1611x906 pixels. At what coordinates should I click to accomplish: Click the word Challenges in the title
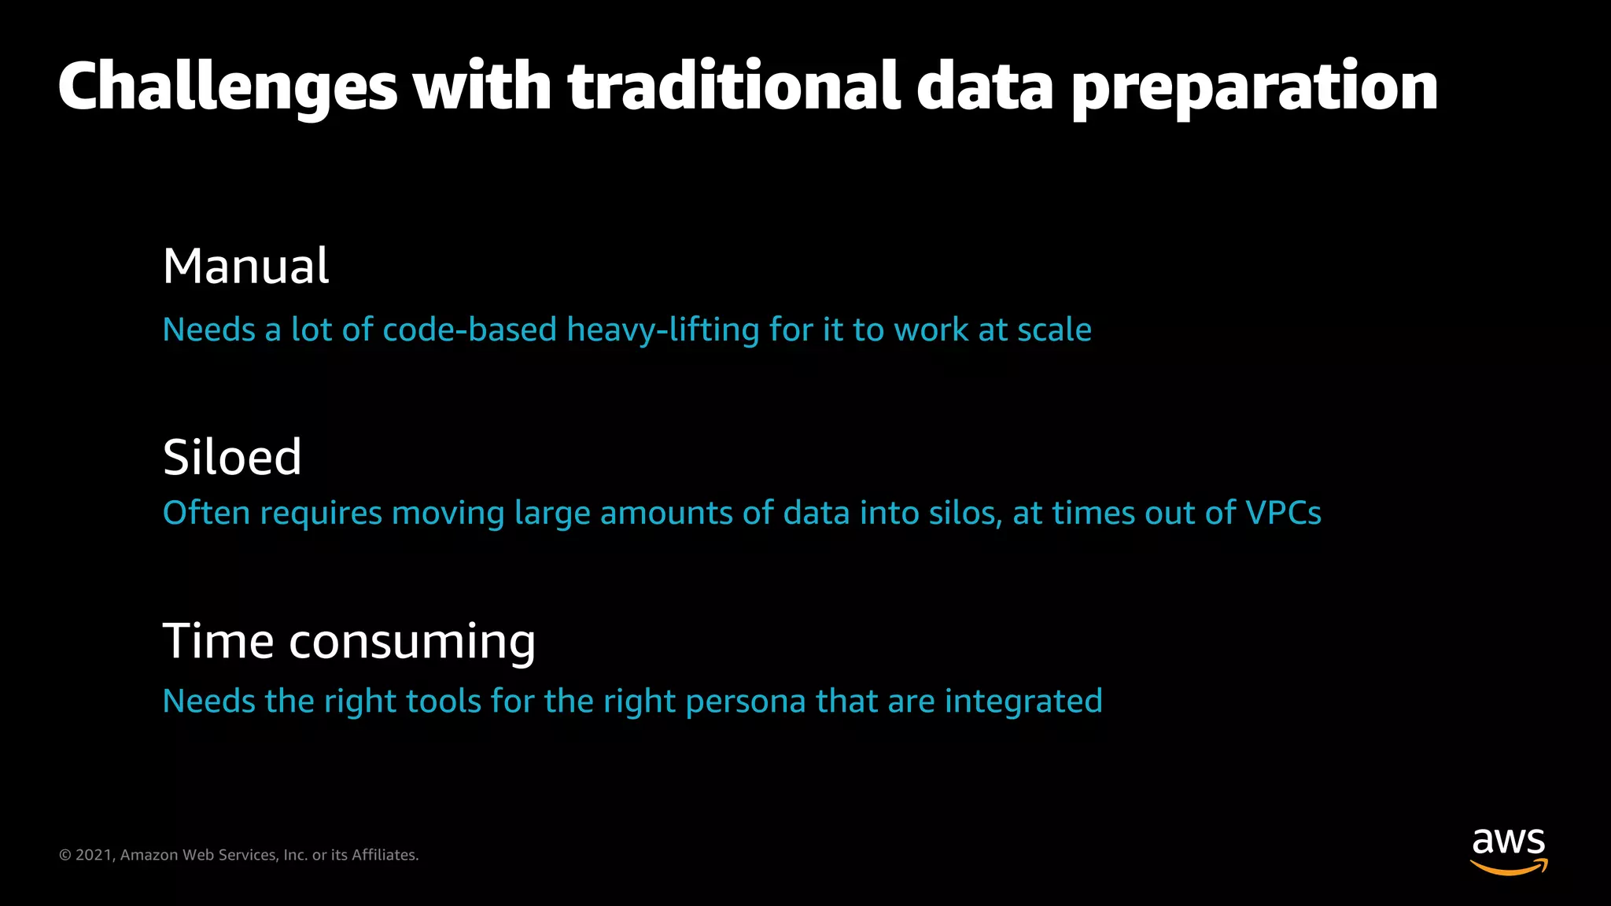point(227,88)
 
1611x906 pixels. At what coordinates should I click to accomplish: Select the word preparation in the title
point(1255,88)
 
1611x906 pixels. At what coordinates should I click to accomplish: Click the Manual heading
point(245,266)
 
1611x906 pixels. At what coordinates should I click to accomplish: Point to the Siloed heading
point(232,457)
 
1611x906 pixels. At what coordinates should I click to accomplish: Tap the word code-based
point(470,330)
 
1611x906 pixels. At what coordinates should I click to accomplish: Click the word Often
point(206,513)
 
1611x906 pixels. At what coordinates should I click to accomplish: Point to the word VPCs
point(1283,513)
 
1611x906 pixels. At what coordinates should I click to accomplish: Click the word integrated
point(1023,702)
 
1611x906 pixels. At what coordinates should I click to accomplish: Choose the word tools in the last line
point(441,701)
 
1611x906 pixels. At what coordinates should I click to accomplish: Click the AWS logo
point(1509,851)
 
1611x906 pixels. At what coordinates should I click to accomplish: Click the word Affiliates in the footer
point(385,855)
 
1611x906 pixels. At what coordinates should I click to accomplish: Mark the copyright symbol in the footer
point(65,855)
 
